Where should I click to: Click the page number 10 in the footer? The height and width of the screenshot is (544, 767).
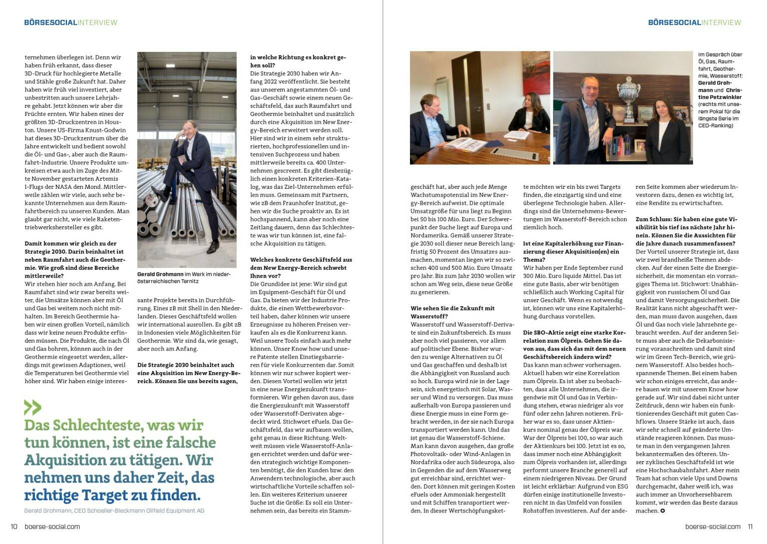[14, 526]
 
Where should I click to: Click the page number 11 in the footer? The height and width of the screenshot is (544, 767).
[750, 526]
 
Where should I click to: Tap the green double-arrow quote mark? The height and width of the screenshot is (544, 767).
[32, 408]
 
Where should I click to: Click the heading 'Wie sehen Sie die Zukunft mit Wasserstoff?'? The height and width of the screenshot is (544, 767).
[452, 312]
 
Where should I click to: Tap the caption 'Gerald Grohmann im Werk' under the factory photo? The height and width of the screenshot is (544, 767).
[184, 278]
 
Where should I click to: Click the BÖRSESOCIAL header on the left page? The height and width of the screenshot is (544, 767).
[50, 22]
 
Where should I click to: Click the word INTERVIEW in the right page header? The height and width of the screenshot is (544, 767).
[722, 22]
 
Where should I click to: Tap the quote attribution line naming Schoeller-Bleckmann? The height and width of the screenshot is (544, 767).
[114, 511]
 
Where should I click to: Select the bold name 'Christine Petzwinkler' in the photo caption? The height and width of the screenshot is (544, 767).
[720, 93]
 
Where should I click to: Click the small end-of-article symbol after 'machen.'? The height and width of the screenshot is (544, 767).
[663, 511]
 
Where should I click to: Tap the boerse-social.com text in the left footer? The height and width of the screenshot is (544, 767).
[52, 526]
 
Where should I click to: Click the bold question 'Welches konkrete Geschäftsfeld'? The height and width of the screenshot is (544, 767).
[301, 268]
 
